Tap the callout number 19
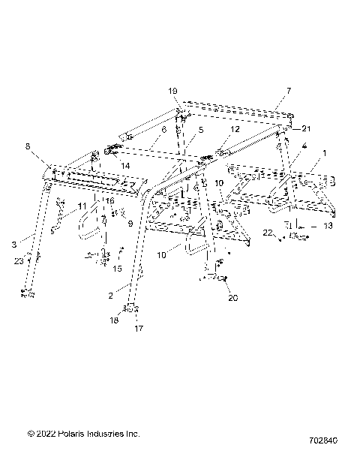click(x=173, y=91)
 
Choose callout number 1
click(x=324, y=153)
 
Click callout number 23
click(x=17, y=260)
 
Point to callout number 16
click(x=109, y=201)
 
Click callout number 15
click(x=117, y=268)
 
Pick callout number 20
click(x=232, y=297)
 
